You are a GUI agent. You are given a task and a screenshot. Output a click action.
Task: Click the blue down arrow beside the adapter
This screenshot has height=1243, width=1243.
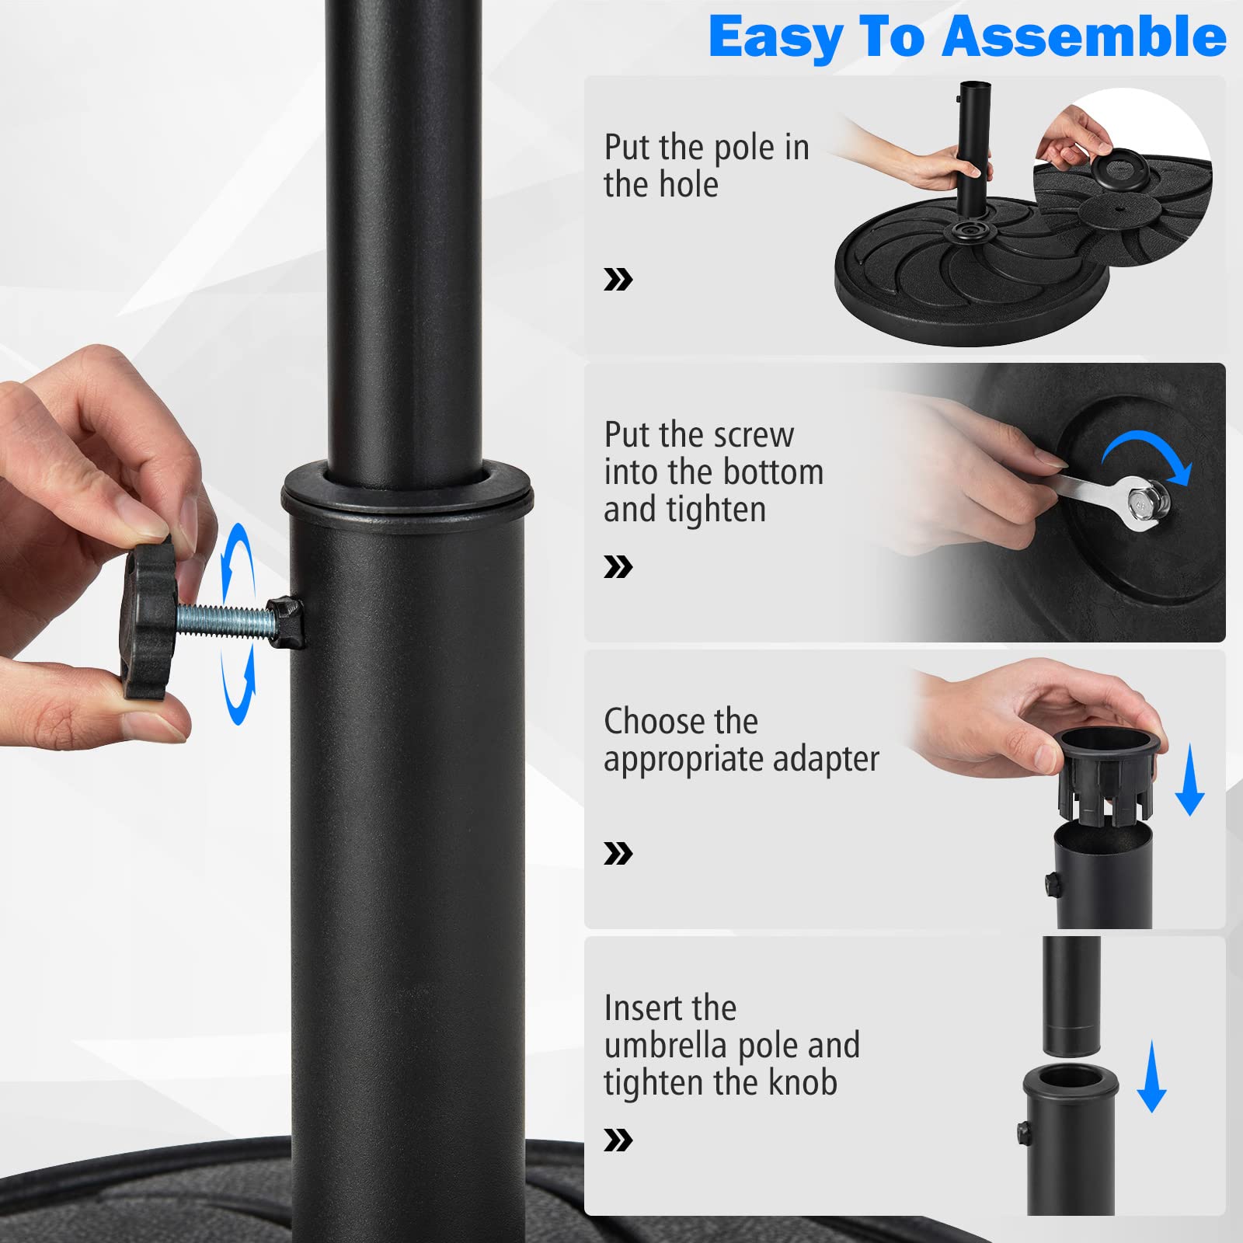1189,779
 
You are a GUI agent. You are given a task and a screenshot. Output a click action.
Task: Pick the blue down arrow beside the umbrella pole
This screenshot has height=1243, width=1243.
1151,1077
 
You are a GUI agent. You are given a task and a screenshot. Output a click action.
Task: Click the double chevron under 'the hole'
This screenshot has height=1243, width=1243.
618,280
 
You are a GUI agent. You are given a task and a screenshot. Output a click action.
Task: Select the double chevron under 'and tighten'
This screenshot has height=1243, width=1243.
618,567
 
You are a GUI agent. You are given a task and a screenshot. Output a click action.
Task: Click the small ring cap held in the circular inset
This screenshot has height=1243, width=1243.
1120,169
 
